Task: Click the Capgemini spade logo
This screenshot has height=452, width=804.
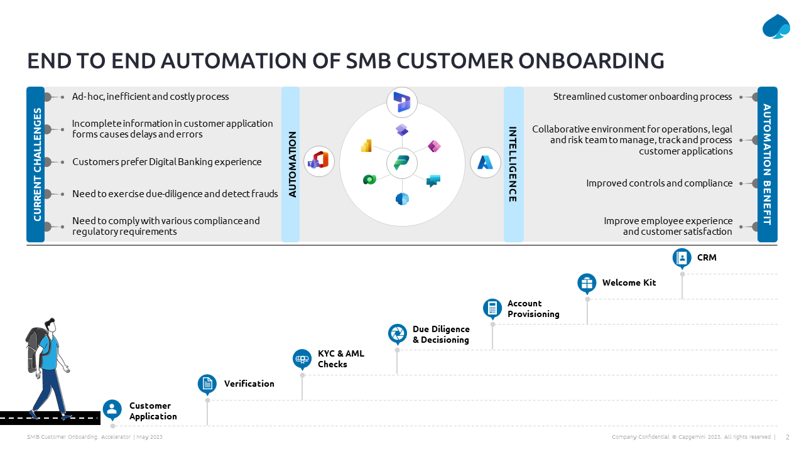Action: coord(776,26)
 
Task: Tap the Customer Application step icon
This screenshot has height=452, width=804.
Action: coord(112,409)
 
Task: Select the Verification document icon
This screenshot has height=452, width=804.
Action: coord(207,384)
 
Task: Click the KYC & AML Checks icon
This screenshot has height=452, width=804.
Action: coord(302,358)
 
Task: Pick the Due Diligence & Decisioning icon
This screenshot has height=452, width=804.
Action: coord(397,333)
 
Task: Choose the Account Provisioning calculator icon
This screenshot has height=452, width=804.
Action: coord(492,308)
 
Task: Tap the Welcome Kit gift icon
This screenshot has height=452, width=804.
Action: coord(587,282)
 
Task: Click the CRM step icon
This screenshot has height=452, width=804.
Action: coord(682,257)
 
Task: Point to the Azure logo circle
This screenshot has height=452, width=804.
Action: coord(486,163)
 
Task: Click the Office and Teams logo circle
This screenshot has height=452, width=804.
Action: coord(318,161)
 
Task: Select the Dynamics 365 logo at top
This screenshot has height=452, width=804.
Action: coord(402,102)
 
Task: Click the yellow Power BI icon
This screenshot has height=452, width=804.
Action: coord(367,146)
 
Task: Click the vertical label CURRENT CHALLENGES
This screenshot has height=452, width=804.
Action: coord(36,164)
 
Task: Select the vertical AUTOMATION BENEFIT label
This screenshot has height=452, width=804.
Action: coord(767,164)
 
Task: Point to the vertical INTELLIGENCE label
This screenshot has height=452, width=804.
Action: coord(513,164)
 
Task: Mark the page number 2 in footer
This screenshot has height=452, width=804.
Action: coord(788,437)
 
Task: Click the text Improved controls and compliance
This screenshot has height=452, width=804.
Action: coord(659,183)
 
